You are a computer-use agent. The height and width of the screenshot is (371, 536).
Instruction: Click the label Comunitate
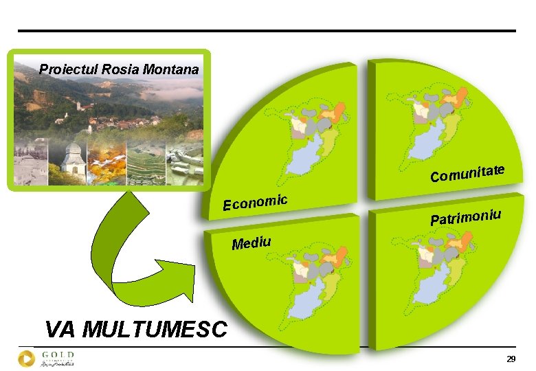468,173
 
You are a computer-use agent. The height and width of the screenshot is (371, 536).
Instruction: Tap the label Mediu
252,243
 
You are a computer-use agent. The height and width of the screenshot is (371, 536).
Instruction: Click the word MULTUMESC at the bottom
155,330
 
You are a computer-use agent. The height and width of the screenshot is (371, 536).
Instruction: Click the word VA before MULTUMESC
60,330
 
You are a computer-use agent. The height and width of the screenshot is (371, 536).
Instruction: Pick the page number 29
511,360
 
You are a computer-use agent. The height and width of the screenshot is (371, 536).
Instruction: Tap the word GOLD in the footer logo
58,355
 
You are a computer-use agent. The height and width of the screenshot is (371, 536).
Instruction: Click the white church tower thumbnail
72,162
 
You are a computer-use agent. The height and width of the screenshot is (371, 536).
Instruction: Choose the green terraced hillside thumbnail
144,162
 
